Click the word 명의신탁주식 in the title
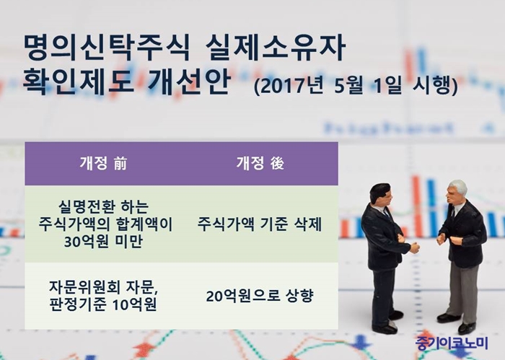click(107, 48)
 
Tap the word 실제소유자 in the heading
click(276, 48)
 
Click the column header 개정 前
click(103, 163)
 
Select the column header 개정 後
click(260, 163)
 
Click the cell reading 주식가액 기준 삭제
click(260, 224)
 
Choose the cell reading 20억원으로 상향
click(260, 296)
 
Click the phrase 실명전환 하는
click(104, 207)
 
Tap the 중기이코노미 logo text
click(452, 343)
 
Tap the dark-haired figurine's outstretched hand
click(415, 248)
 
